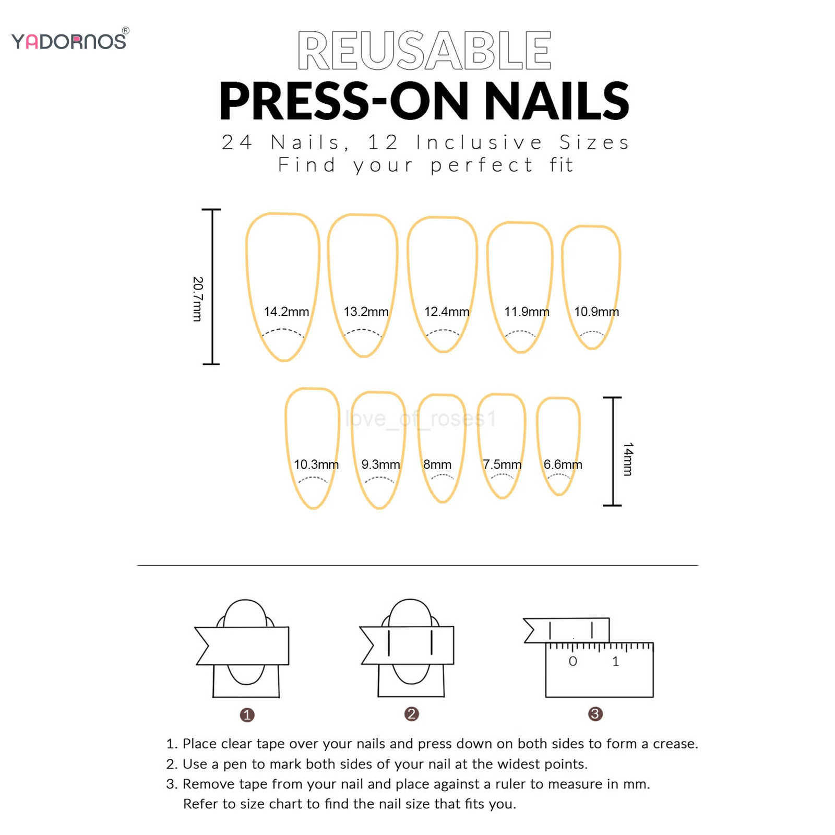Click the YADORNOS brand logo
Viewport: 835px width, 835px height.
(x=69, y=41)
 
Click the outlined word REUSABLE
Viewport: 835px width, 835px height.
(x=424, y=51)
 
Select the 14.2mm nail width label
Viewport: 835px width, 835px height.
(x=286, y=312)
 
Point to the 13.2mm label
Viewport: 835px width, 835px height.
(x=366, y=312)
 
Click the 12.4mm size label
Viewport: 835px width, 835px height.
(x=446, y=312)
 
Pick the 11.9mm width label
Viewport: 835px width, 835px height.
(x=526, y=312)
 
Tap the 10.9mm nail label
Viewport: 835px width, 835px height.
(x=596, y=312)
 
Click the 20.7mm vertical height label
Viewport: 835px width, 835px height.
(x=197, y=299)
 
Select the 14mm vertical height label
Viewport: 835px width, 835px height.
(x=628, y=459)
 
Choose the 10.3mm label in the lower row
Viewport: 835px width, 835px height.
(x=316, y=464)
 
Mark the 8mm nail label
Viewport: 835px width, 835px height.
(x=437, y=464)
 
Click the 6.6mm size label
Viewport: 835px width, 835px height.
(x=562, y=464)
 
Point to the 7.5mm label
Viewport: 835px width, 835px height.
(x=502, y=464)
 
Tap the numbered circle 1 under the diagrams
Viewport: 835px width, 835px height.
(x=247, y=714)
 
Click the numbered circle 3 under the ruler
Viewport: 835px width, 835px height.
(x=595, y=714)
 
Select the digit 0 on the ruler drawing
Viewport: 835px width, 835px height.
(x=572, y=662)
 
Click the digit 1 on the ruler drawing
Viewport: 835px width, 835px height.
(x=615, y=662)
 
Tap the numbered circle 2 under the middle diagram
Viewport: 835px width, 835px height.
(x=411, y=714)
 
